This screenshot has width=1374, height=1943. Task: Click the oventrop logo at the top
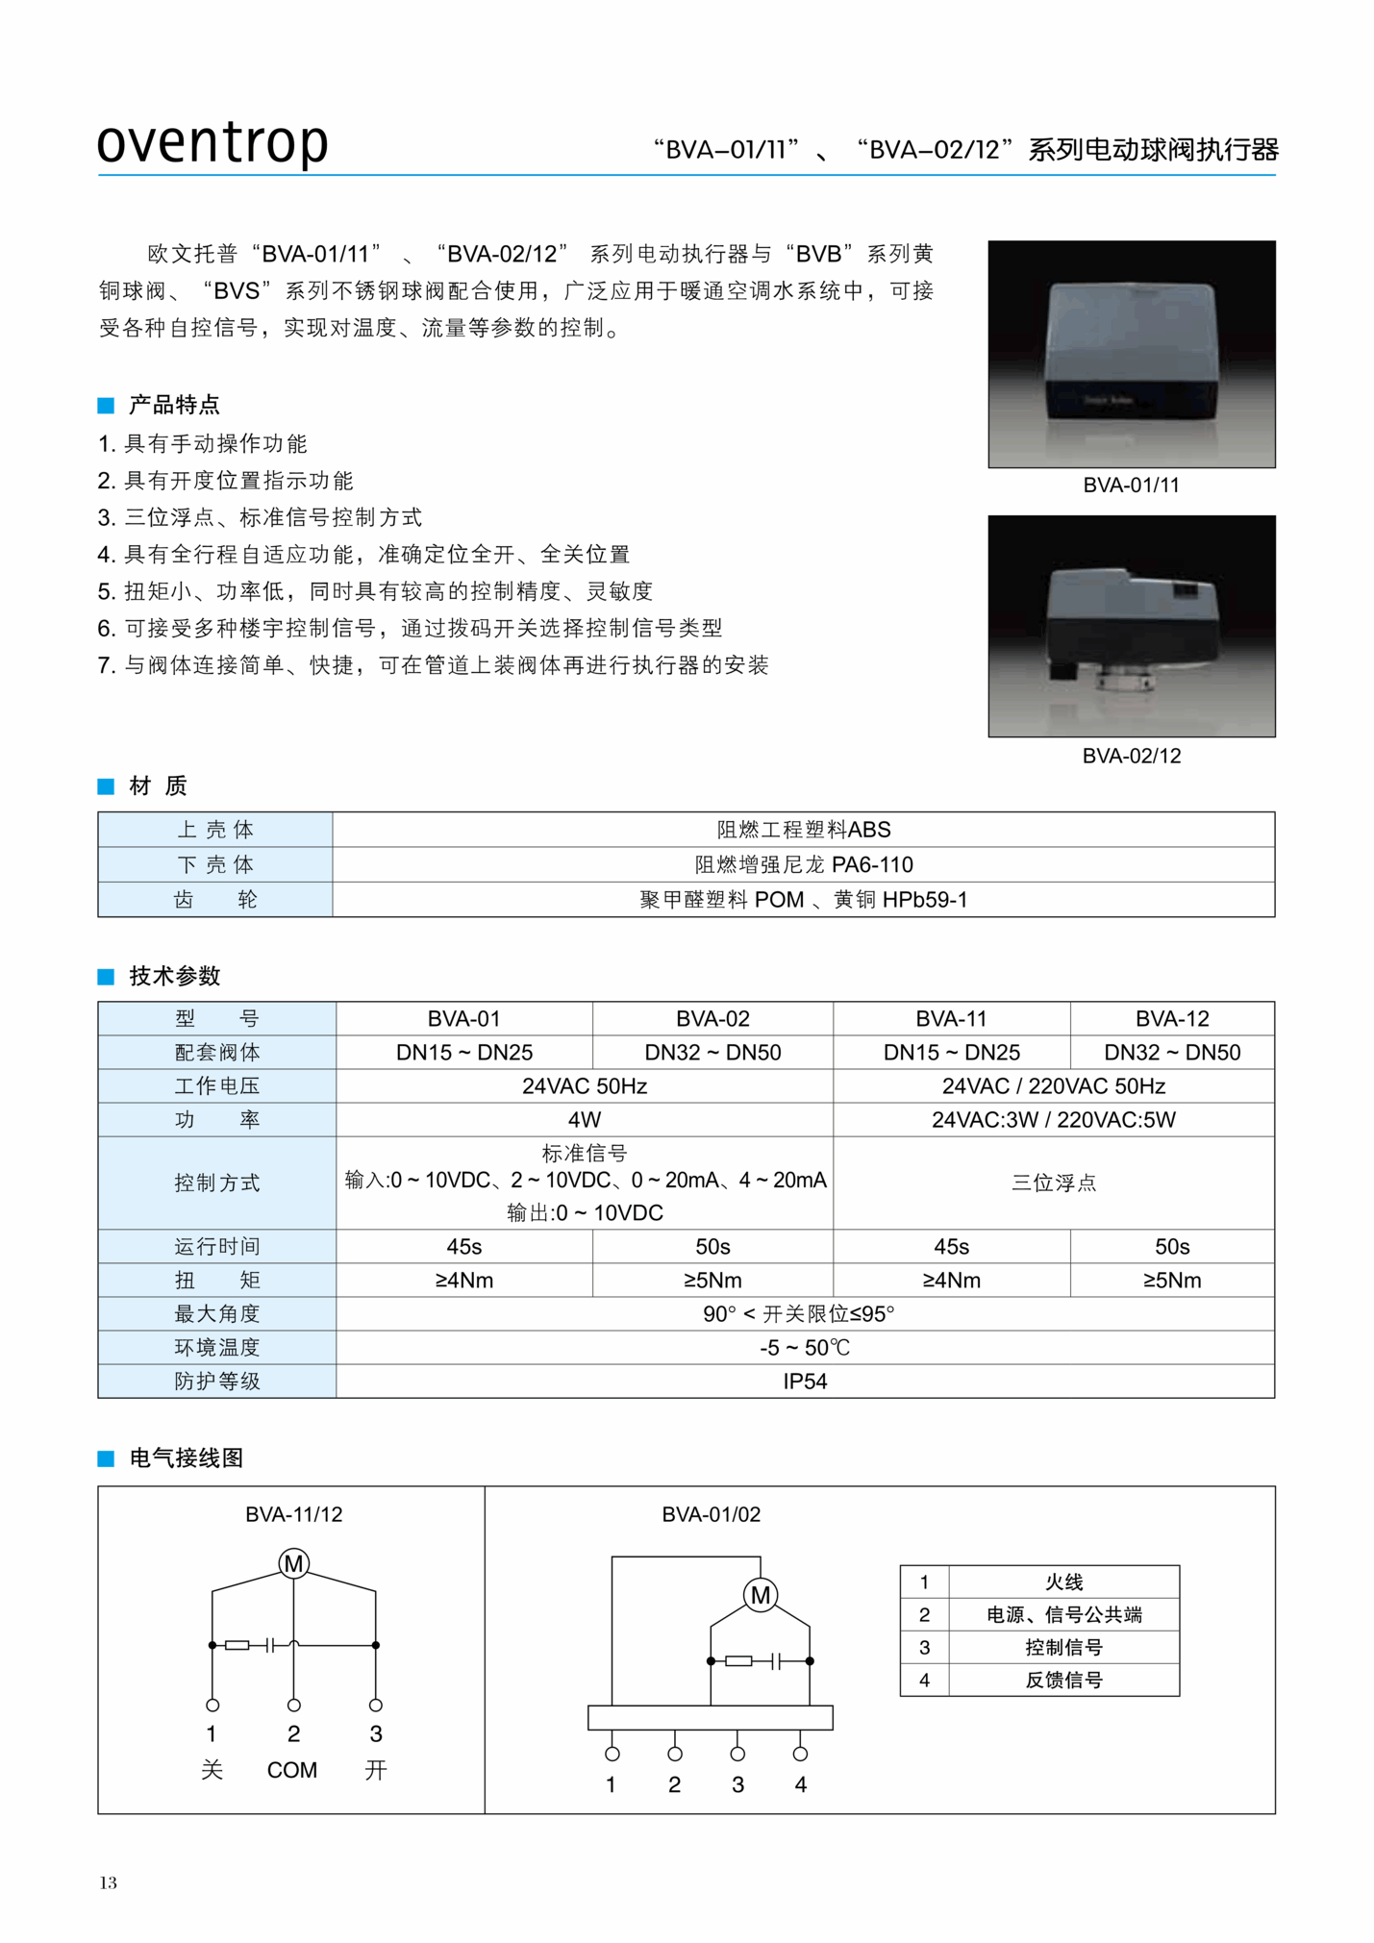[x=212, y=142]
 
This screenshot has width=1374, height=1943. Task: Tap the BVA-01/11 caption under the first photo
[x=1131, y=486]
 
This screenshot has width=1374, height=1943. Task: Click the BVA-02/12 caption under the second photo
[x=1131, y=756]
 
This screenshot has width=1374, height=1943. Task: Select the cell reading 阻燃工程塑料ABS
[x=803, y=830]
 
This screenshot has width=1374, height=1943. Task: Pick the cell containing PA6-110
[x=803, y=865]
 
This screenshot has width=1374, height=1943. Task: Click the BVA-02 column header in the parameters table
[x=712, y=1019]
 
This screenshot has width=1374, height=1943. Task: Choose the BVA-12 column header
[x=1171, y=1019]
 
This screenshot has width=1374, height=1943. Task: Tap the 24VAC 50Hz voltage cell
[x=584, y=1086]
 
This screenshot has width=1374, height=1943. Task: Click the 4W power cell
[x=584, y=1120]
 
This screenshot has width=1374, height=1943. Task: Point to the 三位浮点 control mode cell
[x=1053, y=1183]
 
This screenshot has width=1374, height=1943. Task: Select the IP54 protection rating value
[x=805, y=1382]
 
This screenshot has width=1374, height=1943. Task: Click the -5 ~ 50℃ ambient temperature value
[x=805, y=1348]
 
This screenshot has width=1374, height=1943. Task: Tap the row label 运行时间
[x=217, y=1247]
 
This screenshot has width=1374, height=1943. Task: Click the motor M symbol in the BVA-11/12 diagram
[x=293, y=1564]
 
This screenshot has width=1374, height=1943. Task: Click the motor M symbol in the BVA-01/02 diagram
[x=760, y=1596]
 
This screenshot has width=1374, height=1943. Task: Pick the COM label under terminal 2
[x=292, y=1771]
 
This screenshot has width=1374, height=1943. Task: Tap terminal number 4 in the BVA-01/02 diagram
[x=800, y=1785]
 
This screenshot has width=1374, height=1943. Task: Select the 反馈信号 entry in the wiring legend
[x=1063, y=1681]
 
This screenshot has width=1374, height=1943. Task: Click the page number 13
[x=108, y=1882]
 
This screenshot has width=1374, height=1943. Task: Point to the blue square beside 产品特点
[x=106, y=406]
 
